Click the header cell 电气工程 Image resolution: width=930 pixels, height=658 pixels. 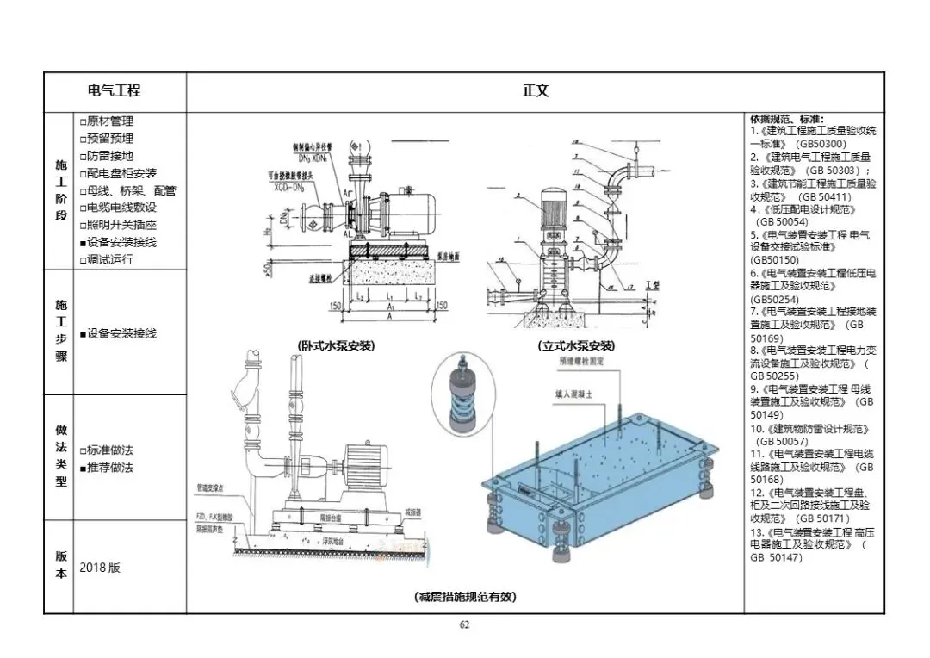pos(115,90)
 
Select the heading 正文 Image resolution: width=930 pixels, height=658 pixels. pos(536,90)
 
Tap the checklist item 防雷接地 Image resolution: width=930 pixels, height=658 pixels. pos(110,156)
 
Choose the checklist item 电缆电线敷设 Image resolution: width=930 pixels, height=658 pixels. pos(121,208)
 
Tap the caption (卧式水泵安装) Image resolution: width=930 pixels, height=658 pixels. pos(337,346)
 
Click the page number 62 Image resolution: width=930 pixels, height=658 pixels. pos(464,625)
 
